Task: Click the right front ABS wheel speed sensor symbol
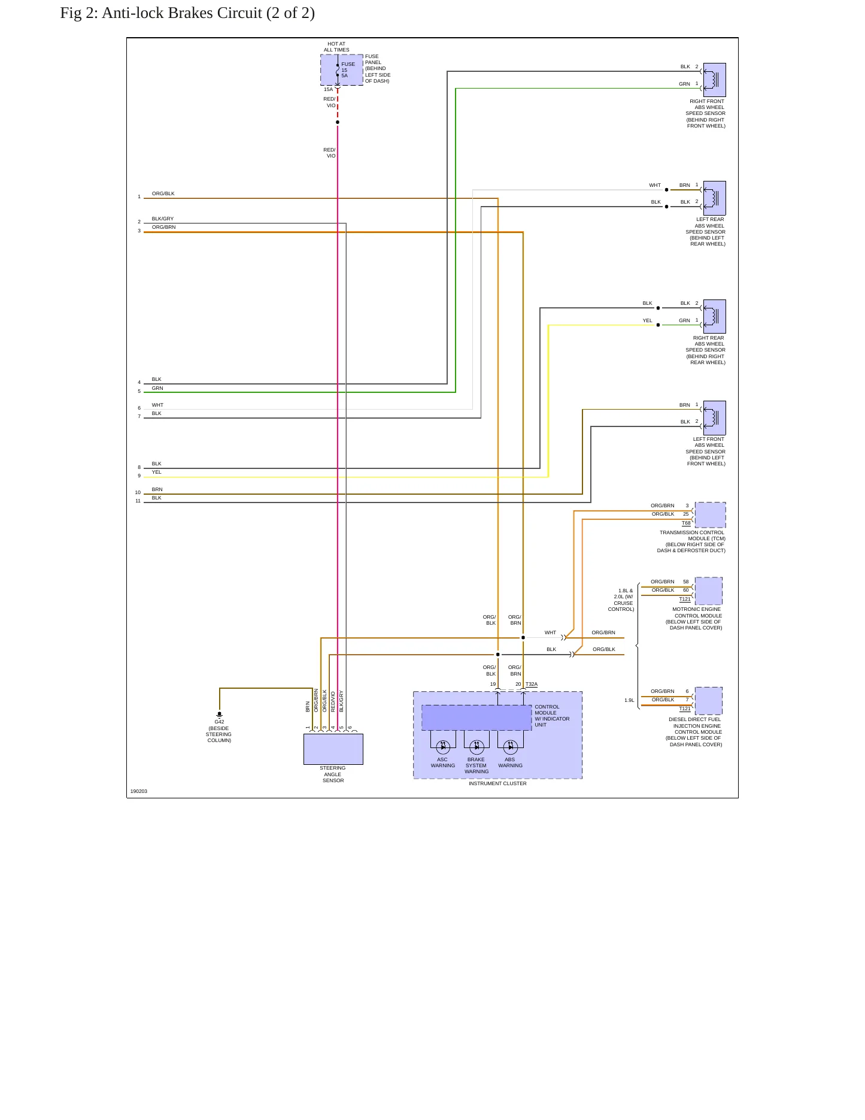714,80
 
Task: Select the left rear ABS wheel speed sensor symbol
714,198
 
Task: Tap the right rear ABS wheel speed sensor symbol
714,316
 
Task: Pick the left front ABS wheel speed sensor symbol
714,418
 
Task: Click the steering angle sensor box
333,749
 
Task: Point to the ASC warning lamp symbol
443,747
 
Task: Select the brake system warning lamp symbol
476,747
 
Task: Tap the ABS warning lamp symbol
510,747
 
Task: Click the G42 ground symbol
220,715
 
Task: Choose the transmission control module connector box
710,515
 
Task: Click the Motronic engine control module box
709,591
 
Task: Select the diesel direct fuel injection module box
709,701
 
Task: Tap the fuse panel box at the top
342,70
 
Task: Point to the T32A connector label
532,684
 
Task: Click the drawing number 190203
139,791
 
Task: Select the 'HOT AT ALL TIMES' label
336,47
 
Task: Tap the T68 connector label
686,523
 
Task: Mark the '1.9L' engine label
629,700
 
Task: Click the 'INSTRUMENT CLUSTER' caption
497,783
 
